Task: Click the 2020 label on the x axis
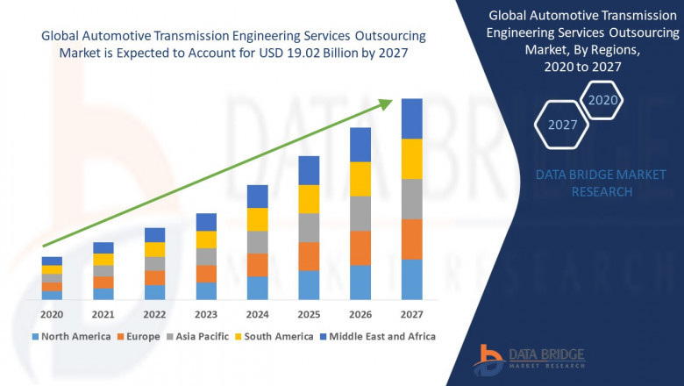(52, 314)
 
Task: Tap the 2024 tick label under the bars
(257, 314)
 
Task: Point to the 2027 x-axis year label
(411, 314)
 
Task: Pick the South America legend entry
(277, 336)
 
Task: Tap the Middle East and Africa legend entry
(381, 336)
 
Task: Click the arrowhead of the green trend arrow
(385, 103)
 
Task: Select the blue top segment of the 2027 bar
(411, 118)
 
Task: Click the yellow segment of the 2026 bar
(360, 179)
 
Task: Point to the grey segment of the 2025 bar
(309, 227)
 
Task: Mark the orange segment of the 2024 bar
(257, 265)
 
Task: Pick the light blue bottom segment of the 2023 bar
(206, 290)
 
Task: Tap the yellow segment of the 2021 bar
(103, 259)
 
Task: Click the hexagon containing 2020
(602, 100)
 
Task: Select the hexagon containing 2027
(562, 125)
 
